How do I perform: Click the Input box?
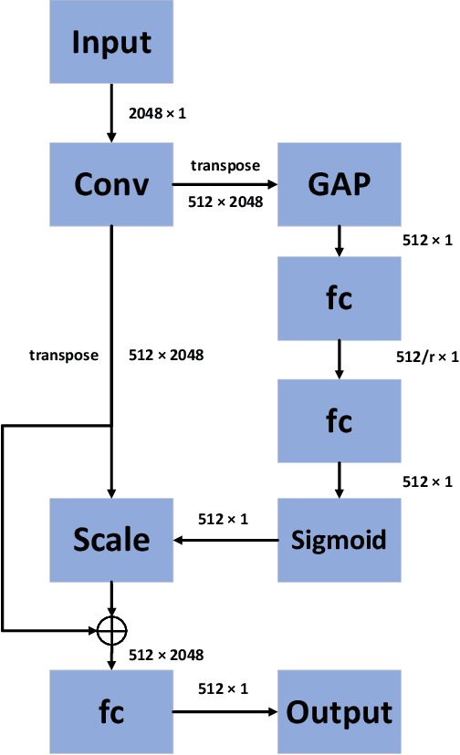pos(111,42)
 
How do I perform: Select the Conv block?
pos(111,185)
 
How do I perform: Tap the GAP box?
pos(340,185)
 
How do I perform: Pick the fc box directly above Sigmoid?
pos(340,420)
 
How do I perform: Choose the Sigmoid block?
pos(340,539)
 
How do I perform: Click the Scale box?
pos(111,539)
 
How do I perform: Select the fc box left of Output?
pos(111,711)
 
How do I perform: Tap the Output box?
pos(340,711)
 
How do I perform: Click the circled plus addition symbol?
pos(111,628)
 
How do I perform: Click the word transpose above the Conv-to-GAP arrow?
pos(225,165)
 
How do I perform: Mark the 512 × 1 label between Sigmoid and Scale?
pos(225,520)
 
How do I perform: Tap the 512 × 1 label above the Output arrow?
pos(225,690)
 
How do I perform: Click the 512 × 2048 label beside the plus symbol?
pos(165,654)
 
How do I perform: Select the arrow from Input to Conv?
pos(111,113)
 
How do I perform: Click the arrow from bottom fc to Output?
pos(225,711)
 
